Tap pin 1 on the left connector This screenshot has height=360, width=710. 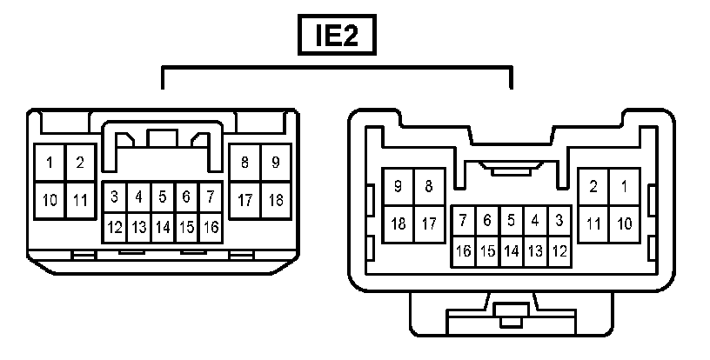pos(50,163)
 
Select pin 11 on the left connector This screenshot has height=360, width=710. pos(80,201)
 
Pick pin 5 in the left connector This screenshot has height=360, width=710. pos(162,197)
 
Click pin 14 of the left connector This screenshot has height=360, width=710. pos(162,228)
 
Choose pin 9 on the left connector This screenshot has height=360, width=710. pos(275,163)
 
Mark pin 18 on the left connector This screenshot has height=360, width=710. pos(275,201)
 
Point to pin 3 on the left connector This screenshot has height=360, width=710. pos(114,197)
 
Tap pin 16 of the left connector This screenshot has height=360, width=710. pos(210,228)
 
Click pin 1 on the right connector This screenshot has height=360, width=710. pos(624,185)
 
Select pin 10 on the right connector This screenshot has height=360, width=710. pos(624,223)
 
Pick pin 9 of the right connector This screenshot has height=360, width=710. pos(399,185)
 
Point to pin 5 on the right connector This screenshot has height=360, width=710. pos(512,221)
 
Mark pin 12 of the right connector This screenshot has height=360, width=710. pos(559,250)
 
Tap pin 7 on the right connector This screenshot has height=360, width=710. pos(464,221)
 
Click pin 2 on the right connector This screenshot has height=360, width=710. pos(593,185)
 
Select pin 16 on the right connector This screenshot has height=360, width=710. pos(464,250)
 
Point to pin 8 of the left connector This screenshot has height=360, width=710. pos(244,163)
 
